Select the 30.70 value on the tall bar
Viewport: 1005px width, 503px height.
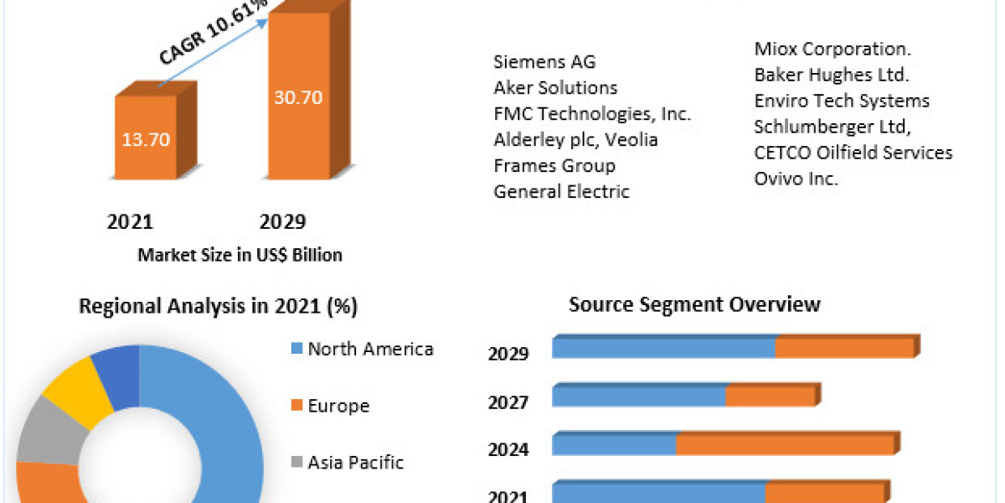[x=298, y=96]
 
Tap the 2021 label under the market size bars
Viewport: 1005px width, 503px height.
[x=131, y=221]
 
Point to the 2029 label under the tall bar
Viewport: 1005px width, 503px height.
[x=283, y=221]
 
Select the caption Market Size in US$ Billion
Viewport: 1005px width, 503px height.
[x=240, y=255]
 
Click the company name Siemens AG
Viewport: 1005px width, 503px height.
[x=544, y=61]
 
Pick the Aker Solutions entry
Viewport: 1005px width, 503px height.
[x=555, y=87]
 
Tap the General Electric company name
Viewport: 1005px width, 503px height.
[x=561, y=191]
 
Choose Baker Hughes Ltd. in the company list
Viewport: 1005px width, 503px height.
[x=832, y=75]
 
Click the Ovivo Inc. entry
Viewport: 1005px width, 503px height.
[x=796, y=179]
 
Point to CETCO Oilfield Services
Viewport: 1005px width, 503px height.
[x=853, y=153]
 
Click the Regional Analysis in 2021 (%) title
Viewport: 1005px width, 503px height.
[x=218, y=306]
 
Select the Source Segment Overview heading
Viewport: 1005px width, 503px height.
[x=694, y=303]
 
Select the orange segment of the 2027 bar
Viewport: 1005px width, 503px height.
[x=770, y=396]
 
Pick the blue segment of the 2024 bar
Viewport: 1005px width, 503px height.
[x=614, y=444]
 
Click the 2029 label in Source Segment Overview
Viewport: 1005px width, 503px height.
[x=508, y=354]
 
